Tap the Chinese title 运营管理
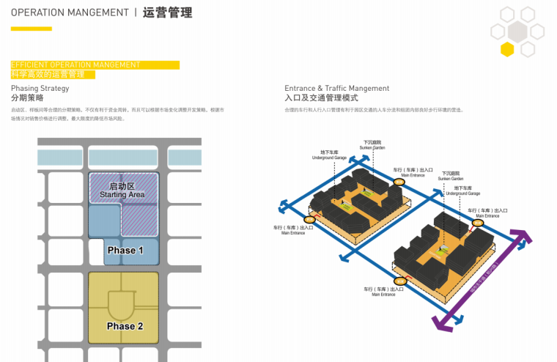click(x=168, y=13)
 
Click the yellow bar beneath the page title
click(x=32, y=29)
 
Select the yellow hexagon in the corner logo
click(x=507, y=49)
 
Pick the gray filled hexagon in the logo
click(x=518, y=31)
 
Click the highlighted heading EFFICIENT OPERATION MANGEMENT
click(x=75, y=64)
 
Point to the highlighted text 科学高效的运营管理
click(x=48, y=74)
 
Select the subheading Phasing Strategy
click(x=40, y=88)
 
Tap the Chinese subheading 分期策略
click(x=27, y=97)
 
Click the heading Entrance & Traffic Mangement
click(x=337, y=88)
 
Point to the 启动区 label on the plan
click(x=123, y=185)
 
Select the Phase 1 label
click(x=125, y=251)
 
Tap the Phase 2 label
click(x=125, y=326)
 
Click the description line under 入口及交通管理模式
click(x=374, y=110)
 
